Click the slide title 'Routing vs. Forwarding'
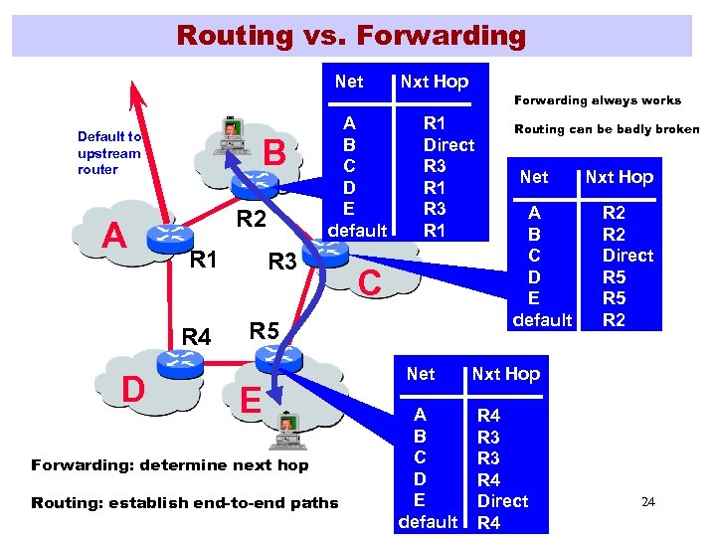(x=350, y=36)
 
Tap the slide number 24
(x=648, y=501)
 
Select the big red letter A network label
(x=116, y=236)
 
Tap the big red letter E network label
(x=252, y=399)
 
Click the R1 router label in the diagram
(x=203, y=262)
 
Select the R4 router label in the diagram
(x=196, y=338)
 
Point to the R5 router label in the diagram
(x=264, y=330)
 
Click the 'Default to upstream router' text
(x=109, y=152)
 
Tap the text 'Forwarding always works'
(x=597, y=99)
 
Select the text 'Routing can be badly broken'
(x=607, y=129)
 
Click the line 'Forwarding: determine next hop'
(x=170, y=464)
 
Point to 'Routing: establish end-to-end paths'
(x=185, y=502)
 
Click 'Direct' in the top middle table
(x=448, y=144)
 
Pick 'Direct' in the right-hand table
(x=627, y=255)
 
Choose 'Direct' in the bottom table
(x=502, y=500)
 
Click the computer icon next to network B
(x=232, y=133)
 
